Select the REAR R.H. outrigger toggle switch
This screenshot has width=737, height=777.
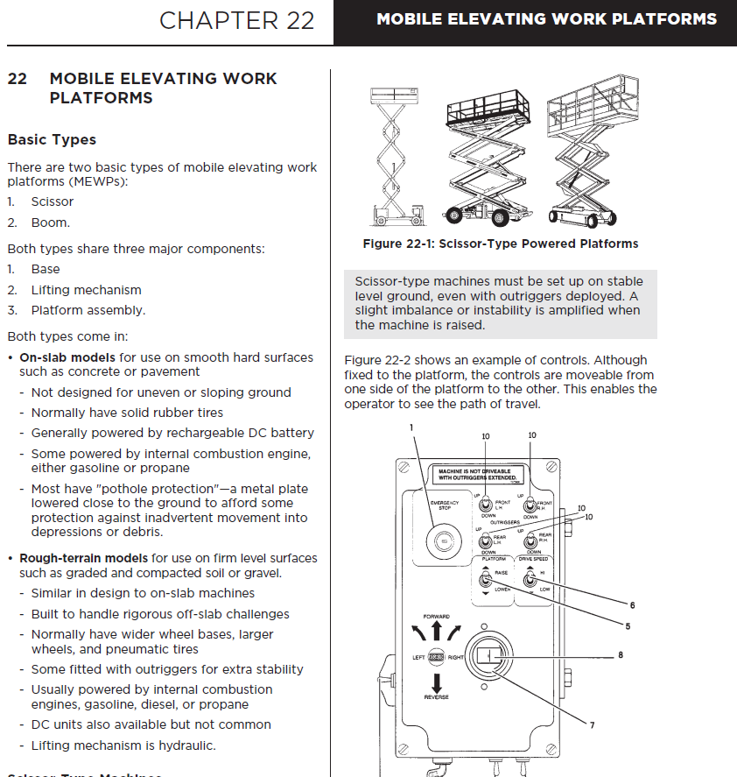pyautogui.click(x=529, y=540)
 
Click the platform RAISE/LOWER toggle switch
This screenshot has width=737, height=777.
pyautogui.click(x=484, y=579)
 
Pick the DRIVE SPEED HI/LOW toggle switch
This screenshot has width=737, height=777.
pyautogui.click(x=529, y=579)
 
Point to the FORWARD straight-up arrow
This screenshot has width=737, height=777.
pyautogui.click(x=437, y=632)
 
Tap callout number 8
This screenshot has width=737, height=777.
pyautogui.click(x=620, y=654)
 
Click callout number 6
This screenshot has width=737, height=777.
pyautogui.click(x=632, y=604)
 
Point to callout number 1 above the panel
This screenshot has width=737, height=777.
pyautogui.click(x=410, y=427)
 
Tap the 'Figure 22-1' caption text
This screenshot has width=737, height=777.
pyautogui.click(x=500, y=244)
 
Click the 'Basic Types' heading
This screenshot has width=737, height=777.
pyautogui.click(x=52, y=139)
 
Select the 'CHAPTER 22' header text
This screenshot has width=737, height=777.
pyautogui.click(x=236, y=20)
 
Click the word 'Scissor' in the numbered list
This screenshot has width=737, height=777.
pyautogui.click(x=53, y=201)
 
